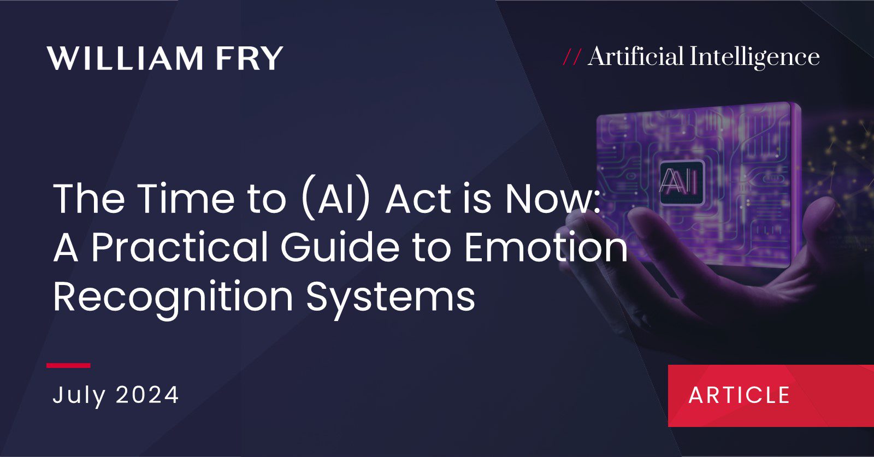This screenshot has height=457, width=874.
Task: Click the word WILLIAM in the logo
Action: click(x=125, y=58)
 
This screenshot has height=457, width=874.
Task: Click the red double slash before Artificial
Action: click(x=572, y=57)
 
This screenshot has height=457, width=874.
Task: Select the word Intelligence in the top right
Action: click(x=754, y=58)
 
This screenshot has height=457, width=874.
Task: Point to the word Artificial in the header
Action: click(x=636, y=56)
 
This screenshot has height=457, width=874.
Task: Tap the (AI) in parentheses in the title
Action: click(x=335, y=200)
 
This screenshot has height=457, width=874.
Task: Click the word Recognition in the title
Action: click(x=173, y=298)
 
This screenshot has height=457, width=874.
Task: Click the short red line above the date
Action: click(x=68, y=365)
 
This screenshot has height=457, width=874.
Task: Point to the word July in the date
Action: click(x=79, y=395)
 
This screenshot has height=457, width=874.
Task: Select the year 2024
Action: click(x=147, y=395)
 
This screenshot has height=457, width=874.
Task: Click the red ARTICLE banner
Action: click(x=771, y=396)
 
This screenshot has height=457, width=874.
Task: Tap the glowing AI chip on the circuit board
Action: click(x=681, y=183)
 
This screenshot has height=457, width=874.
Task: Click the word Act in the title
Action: click(x=418, y=199)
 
